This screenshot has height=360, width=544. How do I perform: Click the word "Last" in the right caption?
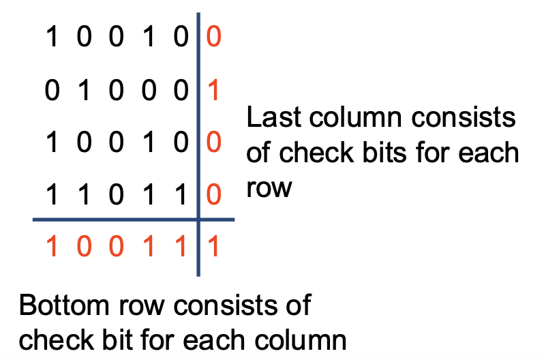(273, 117)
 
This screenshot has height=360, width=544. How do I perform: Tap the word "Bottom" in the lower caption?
(64, 305)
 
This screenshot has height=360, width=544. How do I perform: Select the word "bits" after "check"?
(384, 153)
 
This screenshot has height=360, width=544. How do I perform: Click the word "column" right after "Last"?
(355, 117)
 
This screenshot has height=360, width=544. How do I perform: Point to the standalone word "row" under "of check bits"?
(269, 188)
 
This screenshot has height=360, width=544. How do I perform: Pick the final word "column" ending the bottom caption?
(301, 340)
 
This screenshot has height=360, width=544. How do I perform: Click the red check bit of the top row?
(214, 36)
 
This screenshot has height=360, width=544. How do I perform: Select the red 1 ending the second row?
(214, 90)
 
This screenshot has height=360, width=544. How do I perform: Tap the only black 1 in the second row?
(84, 90)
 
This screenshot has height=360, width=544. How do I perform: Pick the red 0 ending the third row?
(214, 142)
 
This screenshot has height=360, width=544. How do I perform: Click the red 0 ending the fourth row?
(214, 194)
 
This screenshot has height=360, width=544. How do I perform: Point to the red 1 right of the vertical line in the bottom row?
(214, 247)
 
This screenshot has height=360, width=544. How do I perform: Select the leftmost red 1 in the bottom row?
(52, 247)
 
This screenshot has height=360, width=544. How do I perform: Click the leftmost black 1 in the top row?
(52, 36)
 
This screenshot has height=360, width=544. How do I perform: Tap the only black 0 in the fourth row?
(116, 194)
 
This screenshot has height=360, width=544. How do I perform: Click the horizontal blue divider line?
(134, 220)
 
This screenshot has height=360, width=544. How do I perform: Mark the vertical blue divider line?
(198, 145)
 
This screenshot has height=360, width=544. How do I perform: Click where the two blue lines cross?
(198, 220)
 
